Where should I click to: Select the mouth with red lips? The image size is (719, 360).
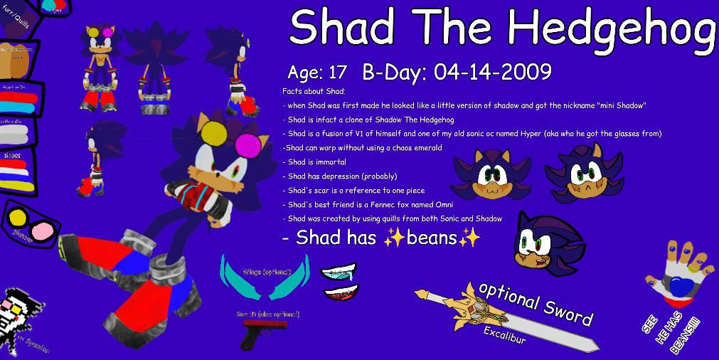(340, 293)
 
